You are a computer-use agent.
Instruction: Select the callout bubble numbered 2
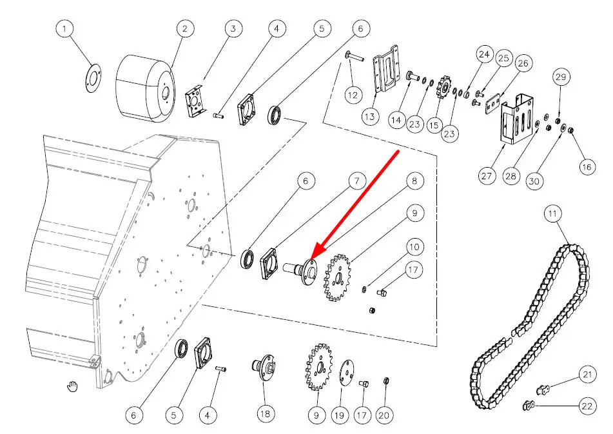[x=184, y=29]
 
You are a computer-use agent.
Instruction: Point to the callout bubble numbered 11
[x=552, y=213]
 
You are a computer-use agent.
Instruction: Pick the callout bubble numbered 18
[x=265, y=414]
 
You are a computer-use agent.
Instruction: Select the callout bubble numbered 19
[x=340, y=416]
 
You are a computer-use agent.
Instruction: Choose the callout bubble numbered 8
[x=414, y=181]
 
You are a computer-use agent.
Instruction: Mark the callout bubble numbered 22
[x=587, y=407]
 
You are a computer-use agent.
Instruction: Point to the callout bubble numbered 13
[x=369, y=117]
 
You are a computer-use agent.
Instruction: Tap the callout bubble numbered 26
[x=523, y=63]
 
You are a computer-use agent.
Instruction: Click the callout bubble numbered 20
[x=384, y=416]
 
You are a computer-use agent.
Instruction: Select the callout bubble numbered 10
[x=414, y=246]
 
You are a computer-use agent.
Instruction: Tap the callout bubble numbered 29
[x=560, y=77]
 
